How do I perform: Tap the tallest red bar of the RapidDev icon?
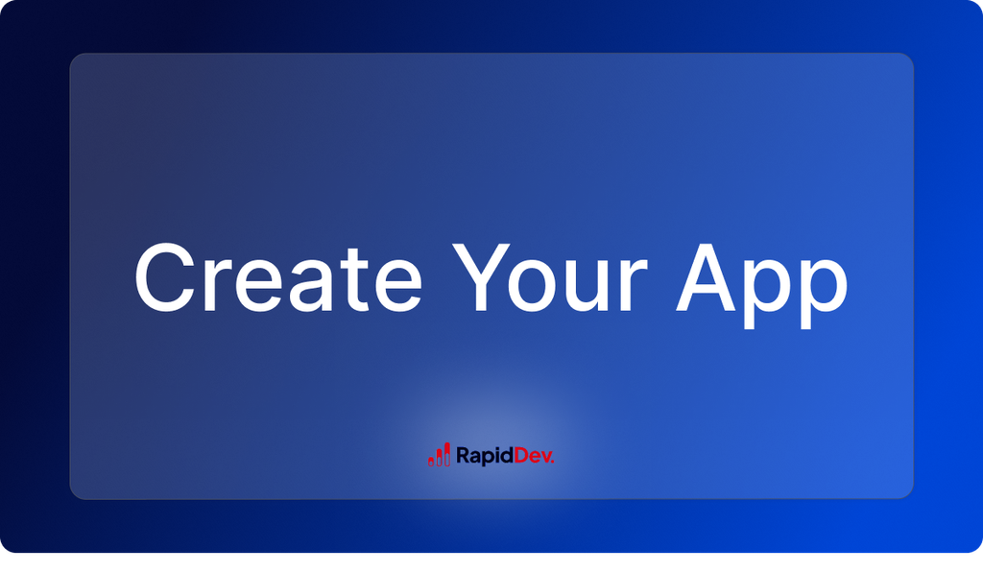(446, 454)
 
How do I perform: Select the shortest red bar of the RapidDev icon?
(431, 460)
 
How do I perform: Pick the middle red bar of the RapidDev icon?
(439, 457)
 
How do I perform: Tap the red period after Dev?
(553, 462)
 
